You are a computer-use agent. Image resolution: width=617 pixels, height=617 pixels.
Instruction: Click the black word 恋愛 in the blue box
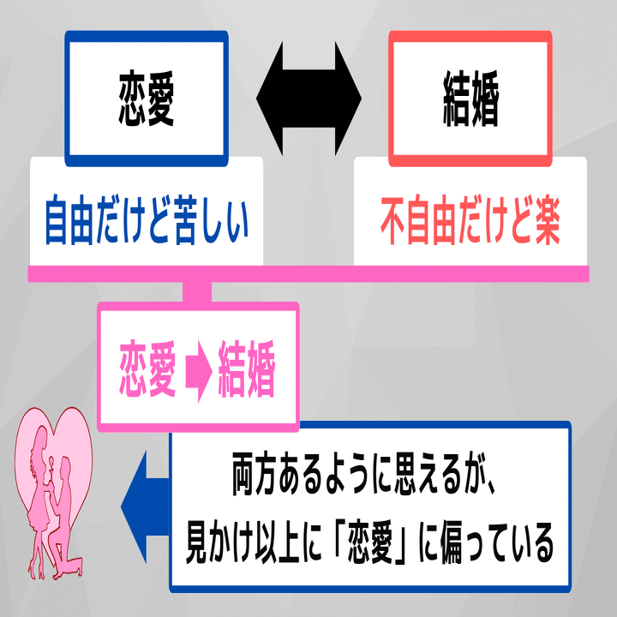click(x=146, y=100)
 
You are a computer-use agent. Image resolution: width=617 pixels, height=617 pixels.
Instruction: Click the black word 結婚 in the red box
click(x=468, y=100)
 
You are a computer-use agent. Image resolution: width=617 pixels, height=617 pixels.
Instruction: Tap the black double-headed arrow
click(x=308, y=96)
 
